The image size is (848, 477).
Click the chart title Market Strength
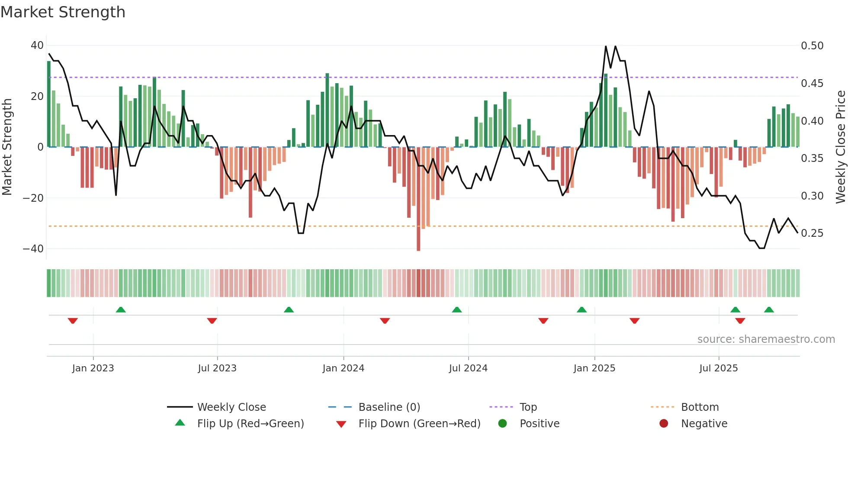click(63, 12)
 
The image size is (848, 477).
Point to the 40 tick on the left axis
click(37, 45)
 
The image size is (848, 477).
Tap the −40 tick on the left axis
click(33, 249)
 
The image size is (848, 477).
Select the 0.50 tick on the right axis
click(812, 46)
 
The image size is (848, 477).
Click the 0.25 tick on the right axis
click(812, 233)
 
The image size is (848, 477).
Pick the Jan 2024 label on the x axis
click(343, 368)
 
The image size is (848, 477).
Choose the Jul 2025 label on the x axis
click(718, 368)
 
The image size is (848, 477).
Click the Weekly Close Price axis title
click(840, 147)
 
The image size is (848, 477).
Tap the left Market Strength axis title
click(7, 147)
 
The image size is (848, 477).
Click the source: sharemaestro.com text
click(766, 339)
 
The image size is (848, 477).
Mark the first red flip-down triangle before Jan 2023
click(73, 321)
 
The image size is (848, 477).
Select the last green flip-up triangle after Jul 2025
click(769, 310)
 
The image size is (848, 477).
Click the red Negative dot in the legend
click(664, 424)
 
